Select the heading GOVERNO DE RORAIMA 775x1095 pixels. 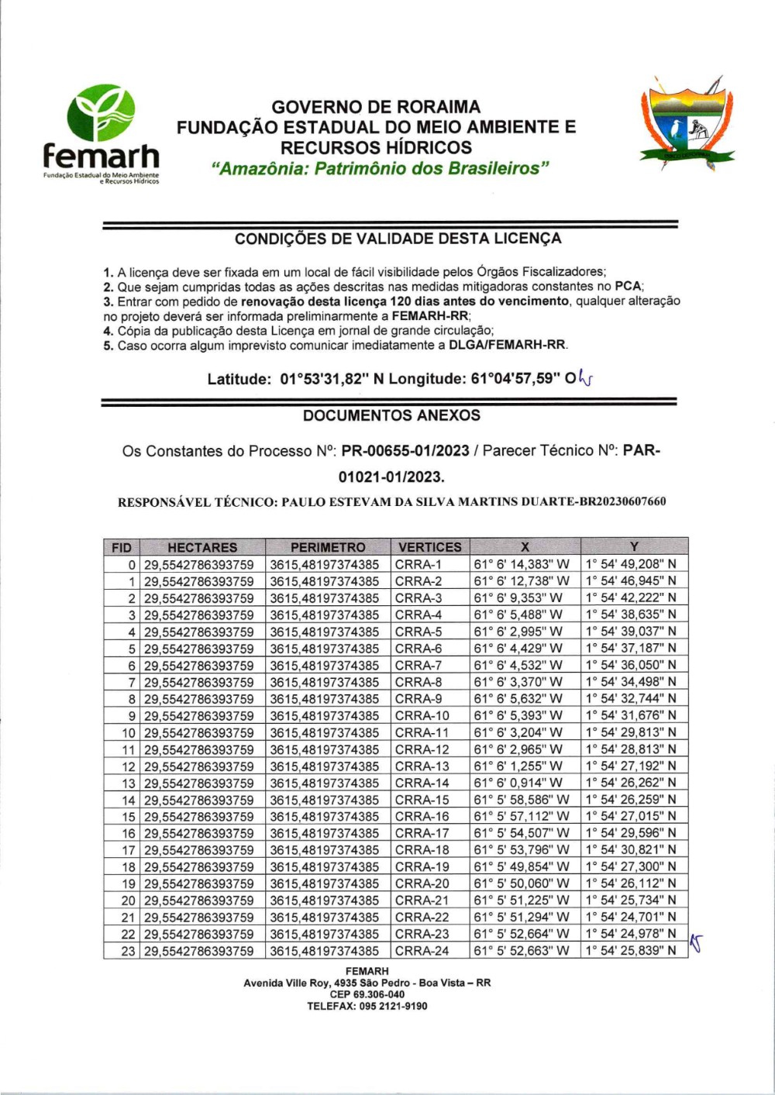pyautogui.click(x=376, y=107)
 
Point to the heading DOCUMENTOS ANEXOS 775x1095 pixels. pyautogui.click(x=391, y=415)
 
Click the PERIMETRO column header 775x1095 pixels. pyautogui.click(x=328, y=547)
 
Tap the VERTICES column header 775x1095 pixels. pyautogui.click(x=429, y=547)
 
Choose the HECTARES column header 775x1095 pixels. pyautogui.click(x=202, y=547)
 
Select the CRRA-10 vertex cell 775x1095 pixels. pyautogui.click(x=422, y=716)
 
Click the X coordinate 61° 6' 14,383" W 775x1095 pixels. pyautogui.click(x=522, y=564)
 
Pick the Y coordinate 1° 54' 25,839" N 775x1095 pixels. pyautogui.click(x=631, y=951)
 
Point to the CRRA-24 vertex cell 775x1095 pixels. pyautogui.click(x=422, y=951)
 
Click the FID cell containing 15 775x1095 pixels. pyautogui.click(x=129, y=817)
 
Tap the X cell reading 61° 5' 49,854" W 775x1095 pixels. pyautogui.click(x=522, y=867)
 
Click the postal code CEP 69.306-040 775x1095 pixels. pyautogui.click(x=367, y=994)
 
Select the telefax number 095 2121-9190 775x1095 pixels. pyautogui.click(x=394, y=1006)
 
